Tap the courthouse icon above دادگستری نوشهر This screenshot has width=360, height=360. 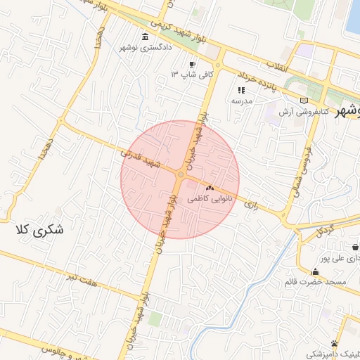pyautogui.click(x=145, y=37)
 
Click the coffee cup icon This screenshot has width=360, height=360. pyautogui.click(x=193, y=64)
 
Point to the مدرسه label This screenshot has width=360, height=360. pyautogui.click(x=242, y=101)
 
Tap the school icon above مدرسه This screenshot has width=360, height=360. pyautogui.click(x=242, y=90)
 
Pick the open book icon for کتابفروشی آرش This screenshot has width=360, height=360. pyautogui.click(x=304, y=101)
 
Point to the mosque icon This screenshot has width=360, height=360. pyautogui.click(x=315, y=272)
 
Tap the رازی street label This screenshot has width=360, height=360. pyautogui.click(x=251, y=204)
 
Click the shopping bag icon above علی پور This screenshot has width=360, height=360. pyautogui.click(x=355, y=247)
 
